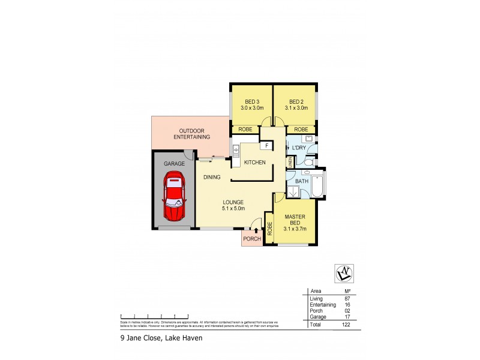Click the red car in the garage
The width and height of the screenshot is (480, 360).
coord(174,196)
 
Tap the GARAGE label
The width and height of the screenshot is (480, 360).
coord(174,163)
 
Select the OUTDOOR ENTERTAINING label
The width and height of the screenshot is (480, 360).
coord(192,134)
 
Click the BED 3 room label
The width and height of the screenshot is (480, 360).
coord(251,104)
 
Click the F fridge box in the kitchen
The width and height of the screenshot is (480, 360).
coord(265,146)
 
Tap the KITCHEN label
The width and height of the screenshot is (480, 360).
coord(254,163)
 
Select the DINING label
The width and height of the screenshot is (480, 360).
coord(212,177)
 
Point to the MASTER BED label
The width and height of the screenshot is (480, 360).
coord(295,222)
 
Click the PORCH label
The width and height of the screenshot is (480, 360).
coord(251,239)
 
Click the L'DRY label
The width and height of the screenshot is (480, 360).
coord(299,148)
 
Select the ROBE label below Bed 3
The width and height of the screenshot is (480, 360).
coord(245,129)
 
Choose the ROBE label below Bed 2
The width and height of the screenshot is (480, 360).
coord(301,129)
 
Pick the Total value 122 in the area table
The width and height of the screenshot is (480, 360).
coord(346,324)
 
